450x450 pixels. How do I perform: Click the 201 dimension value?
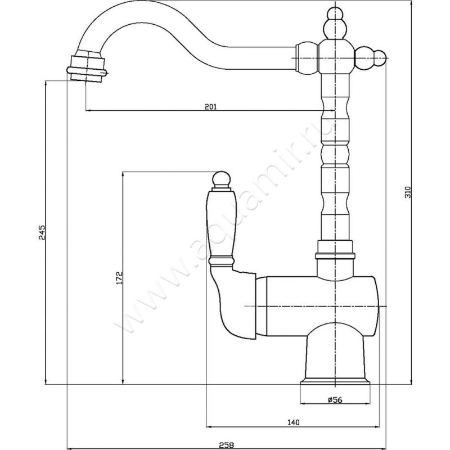(210, 106)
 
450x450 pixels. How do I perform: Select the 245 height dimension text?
(42, 232)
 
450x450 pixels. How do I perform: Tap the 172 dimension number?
(119, 277)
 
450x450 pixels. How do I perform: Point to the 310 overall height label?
(408, 192)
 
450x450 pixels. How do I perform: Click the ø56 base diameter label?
(335, 399)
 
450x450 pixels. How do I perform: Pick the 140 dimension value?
(293, 422)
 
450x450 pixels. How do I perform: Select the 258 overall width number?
(227, 445)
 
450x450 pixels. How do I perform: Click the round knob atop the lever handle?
(221, 179)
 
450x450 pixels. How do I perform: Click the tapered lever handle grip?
(221, 224)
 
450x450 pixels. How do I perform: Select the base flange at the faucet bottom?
(335, 383)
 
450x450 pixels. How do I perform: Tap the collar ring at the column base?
(335, 256)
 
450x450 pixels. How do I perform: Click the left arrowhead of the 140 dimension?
(209, 427)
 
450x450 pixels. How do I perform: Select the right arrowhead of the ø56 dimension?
(368, 404)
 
